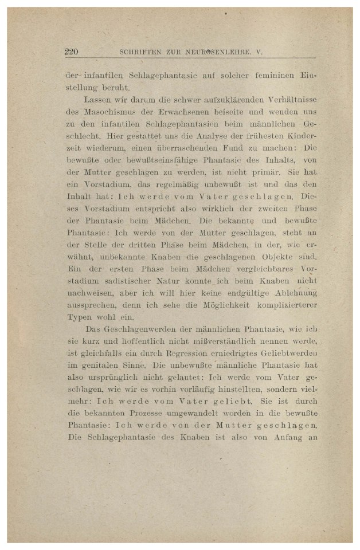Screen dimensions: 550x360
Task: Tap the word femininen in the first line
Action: tap(267, 74)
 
